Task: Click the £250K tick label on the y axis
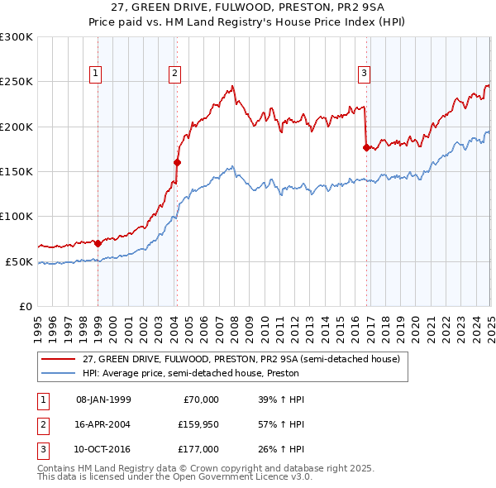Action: click(x=17, y=82)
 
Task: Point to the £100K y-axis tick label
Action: click(x=17, y=216)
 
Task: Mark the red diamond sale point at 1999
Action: click(x=98, y=243)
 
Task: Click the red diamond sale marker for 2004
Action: click(x=177, y=163)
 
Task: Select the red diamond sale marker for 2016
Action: click(x=366, y=147)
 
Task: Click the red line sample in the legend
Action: click(x=58, y=359)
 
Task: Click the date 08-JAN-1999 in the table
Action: click(x=103, y=399)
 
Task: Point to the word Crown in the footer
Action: click(x=198, y=468)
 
